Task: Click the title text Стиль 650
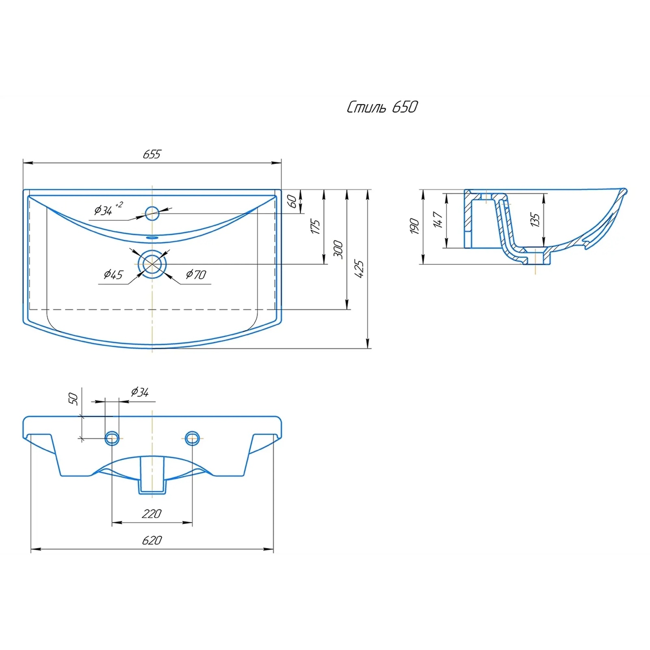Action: (x=382, y=107)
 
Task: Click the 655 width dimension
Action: (x=152, y=154)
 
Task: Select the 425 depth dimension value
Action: (x=360, y=269)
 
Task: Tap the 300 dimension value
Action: (x=338, y=250)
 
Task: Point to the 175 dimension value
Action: (x=316, y=227)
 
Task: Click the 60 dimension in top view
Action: (x=292, y=201)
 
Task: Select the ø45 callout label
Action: (x=113, y=275)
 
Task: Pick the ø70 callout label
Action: (x=196, y=275)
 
